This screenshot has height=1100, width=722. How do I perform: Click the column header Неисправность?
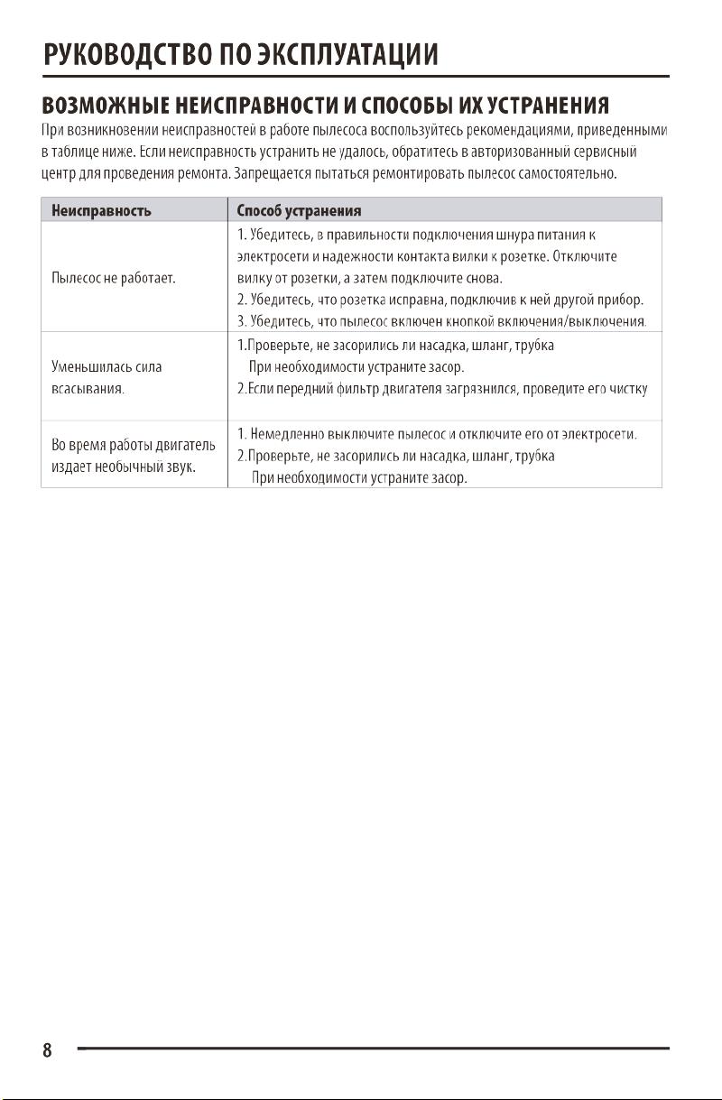(x=101, y=210)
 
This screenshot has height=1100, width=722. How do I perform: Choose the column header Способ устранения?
(x=299, y=210)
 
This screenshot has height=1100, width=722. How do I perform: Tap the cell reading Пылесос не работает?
(x=114, y=278)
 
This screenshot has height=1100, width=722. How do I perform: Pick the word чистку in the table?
(x=628, y=390)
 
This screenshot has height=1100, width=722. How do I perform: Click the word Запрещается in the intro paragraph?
(x=267, y=172)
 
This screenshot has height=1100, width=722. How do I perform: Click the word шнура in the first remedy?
(x=513, y=236)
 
